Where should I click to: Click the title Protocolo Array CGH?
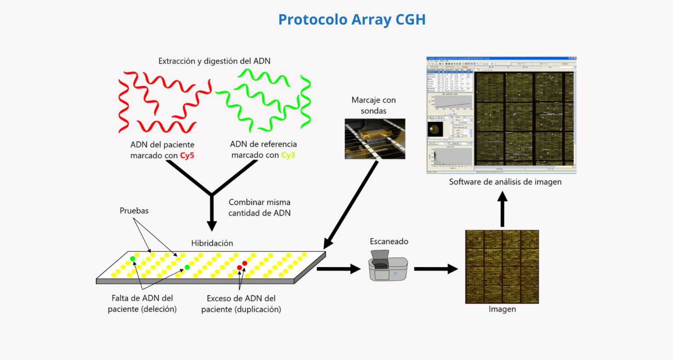tap(352, 20)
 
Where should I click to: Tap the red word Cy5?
tap(187, 155)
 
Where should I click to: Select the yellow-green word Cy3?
tap(288, 155)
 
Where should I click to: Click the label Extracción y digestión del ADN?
tap(214, 61)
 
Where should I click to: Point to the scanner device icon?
tap(388, 265)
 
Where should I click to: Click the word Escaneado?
tap(389, 241)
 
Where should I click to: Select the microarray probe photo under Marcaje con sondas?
tap(375, 139)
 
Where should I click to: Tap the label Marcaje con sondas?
tap(373, 105)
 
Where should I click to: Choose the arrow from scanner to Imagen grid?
tap(436, 269)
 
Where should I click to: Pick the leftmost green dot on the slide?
tap(133, 259)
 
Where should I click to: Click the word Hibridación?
tap(212, 243)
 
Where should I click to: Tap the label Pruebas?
tap(134, 211)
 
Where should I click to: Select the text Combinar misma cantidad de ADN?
tap(259, 208)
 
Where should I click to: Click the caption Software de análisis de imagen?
tap(505, 182)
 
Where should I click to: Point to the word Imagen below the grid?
tap(502, 309)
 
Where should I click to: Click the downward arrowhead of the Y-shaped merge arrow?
tap(212, 226)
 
